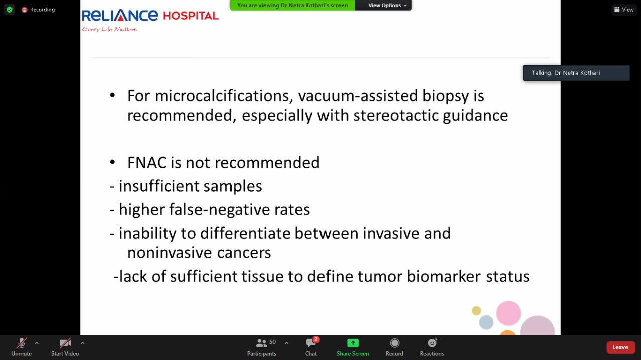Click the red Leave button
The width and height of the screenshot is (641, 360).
pyautogui.click(x=620, y=347)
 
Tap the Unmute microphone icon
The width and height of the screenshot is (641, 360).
pyautogui.click(x=22, y=343)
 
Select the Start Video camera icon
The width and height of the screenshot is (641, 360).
pyautogui.click(x=65, y=343)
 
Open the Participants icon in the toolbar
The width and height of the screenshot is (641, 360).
pyautogui.click(x=261, y=343)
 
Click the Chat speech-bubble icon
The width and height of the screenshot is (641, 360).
pyautogui.click(x=311, y=343)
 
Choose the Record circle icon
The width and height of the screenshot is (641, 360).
pyautogui.click(x=394, y=343)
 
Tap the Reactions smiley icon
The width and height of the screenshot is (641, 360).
pyautogui.click(x=432, y=343)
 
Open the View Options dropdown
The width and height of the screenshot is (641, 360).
pyautogui.click(x=387, y=5)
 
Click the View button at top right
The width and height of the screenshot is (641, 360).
pyautogui.click(x=624, y=10)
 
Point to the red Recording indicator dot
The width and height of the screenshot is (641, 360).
pyautogui.click(x=25, y=10)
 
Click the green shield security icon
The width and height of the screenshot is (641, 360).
pyautogui.click(x=10, y=10)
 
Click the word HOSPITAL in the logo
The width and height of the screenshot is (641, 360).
pyautogui.click(x=191, y=16)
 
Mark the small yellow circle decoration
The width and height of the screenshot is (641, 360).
pyautogui.click(x=476, y=310)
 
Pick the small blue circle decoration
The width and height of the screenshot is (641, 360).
pyautogui.click(x=486, y=322)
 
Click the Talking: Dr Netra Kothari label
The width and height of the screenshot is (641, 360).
pyautogui.click(x=566, y=73)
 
